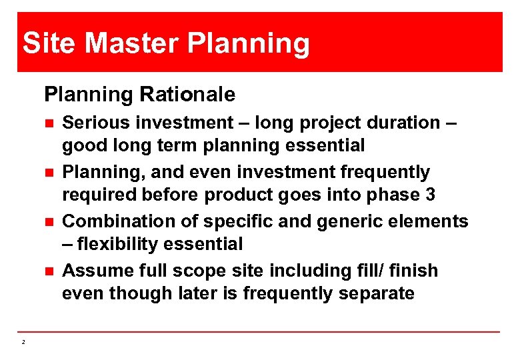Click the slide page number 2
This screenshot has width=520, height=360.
click(x=23, y=342)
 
